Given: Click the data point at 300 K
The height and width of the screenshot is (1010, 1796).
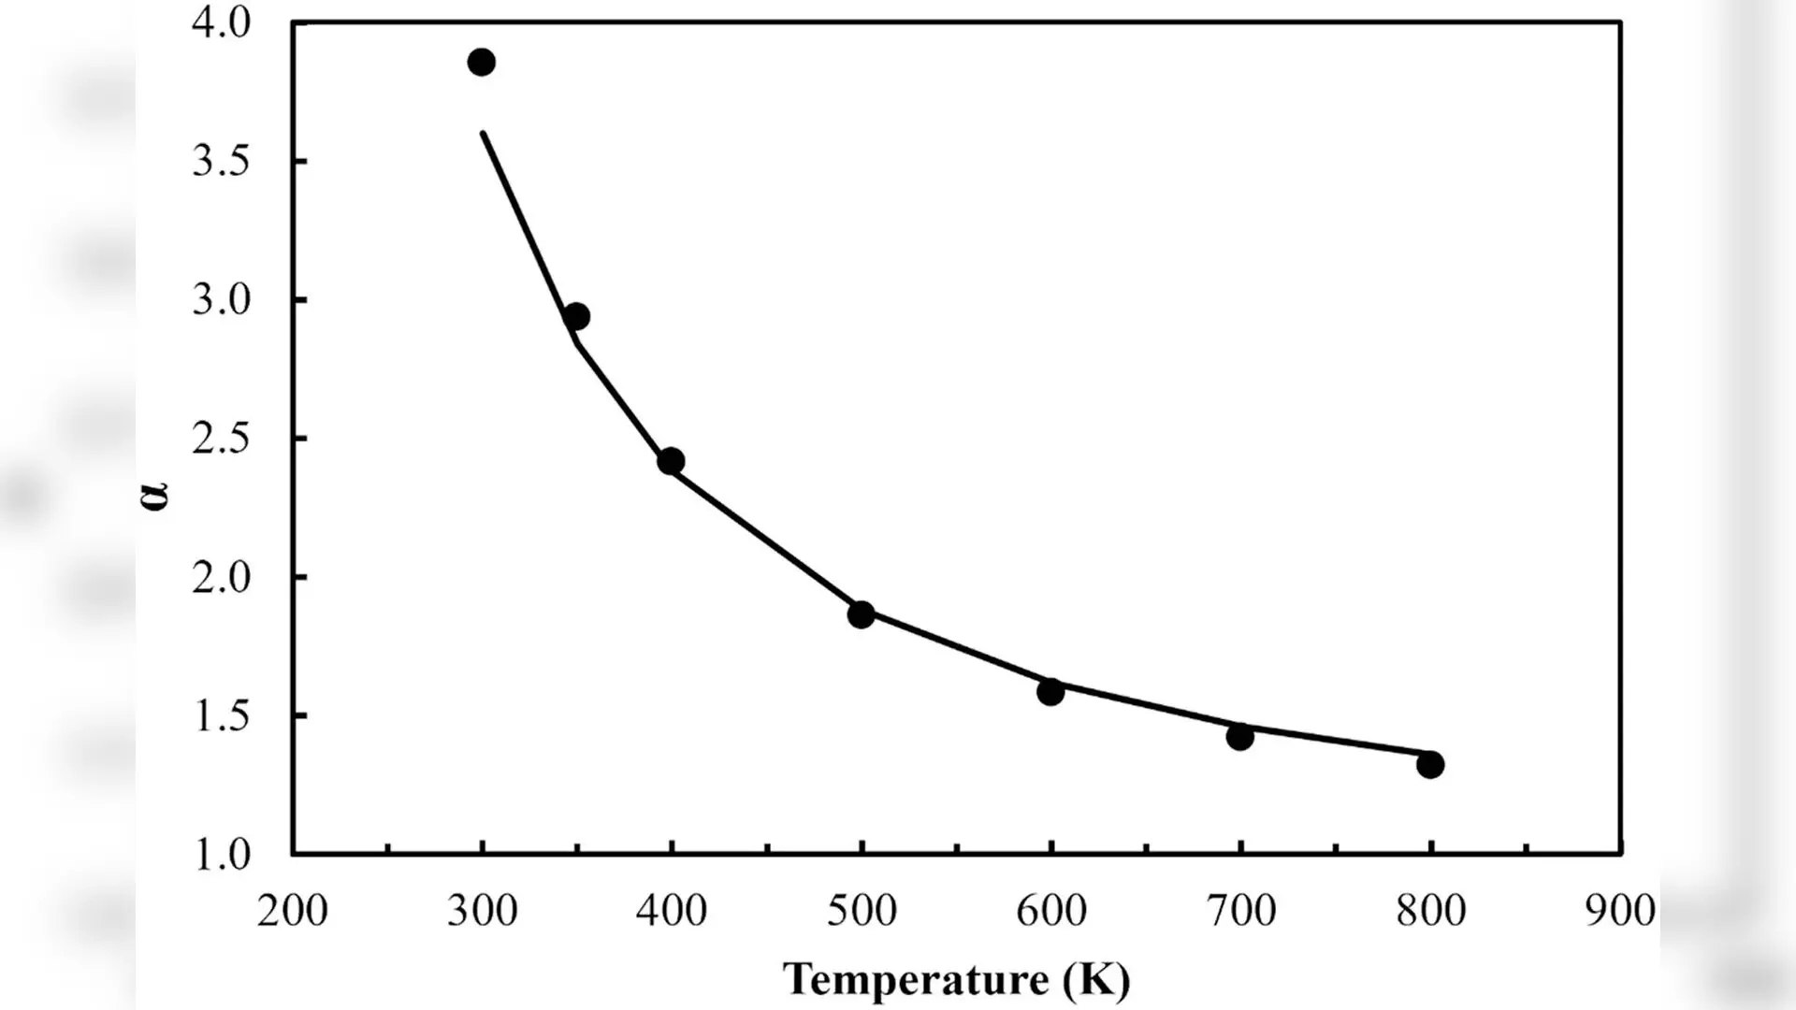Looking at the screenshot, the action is coord(482,63).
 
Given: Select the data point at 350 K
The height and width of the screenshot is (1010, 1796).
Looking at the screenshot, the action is coord(577,316).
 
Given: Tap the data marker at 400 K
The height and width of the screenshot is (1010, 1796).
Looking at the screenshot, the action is coord(671,461).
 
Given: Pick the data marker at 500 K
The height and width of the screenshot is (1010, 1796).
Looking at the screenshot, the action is coord(862,614).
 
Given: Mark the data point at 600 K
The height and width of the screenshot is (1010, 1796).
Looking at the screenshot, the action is coord(1050,692).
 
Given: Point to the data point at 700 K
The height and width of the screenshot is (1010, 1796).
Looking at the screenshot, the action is coord(1240,737).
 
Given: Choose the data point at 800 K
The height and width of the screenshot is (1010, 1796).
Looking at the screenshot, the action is coord(1430,764).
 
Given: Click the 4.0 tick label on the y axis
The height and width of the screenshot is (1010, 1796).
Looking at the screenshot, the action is coord(222,22).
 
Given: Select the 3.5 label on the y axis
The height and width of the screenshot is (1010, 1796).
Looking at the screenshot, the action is coord(222,162).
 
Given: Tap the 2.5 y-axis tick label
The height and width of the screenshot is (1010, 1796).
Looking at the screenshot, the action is coord(222,439).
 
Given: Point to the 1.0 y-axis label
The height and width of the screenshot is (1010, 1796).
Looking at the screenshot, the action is coord(222,855).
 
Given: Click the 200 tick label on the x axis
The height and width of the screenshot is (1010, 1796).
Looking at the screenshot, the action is coord(293,910).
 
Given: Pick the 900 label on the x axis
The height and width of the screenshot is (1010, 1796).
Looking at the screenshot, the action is coord(1620,910).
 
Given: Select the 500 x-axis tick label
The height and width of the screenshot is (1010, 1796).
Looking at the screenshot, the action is coord(862,910).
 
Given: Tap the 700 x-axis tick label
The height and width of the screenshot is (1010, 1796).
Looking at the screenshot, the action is coord(1240,910).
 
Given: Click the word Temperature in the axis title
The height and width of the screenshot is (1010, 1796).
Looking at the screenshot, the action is coord(917,979).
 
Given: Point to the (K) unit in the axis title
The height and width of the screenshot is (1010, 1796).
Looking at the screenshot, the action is coord(1097,980).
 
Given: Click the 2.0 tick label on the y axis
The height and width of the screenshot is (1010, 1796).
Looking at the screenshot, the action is coord(222,577).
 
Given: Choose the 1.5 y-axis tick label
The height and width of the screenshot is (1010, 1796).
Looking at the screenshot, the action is coord(222,716).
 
